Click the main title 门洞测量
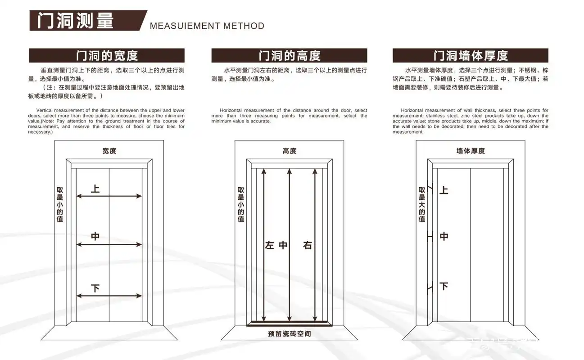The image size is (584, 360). [x=75, y=21]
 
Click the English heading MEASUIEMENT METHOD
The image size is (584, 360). [x=207, y=26]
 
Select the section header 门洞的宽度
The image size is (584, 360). [x=107, y=56]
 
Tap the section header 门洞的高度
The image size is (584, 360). [x=289, y=56]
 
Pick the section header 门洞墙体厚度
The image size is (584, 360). [x=471, y=56]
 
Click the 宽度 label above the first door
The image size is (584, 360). [x=109, y=151]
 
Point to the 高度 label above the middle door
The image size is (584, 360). [x=290, y=151]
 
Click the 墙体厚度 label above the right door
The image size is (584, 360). [x=471, y=151]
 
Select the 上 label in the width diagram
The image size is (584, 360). [x=95, y=189]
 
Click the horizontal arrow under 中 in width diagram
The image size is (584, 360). [x=109, y=245]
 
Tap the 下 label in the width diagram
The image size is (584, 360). [x=95, y=288]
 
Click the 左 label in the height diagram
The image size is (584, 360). [x=269, y=246]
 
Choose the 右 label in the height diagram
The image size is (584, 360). [x=308, y=246]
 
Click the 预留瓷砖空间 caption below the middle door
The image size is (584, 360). [x=289, y=334]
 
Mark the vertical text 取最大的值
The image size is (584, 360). [x=422, y=205]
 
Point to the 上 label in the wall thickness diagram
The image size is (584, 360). [x=444, y=190]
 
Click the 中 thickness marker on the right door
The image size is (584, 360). [x=430, y=236]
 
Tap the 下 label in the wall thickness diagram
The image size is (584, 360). [x=444, y=286]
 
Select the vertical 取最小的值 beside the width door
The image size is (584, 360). [x=60, y=205]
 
